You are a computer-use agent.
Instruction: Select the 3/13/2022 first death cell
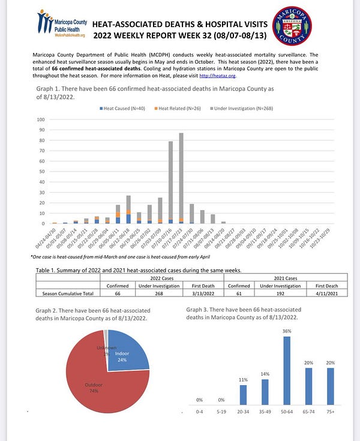coord(203,294)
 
